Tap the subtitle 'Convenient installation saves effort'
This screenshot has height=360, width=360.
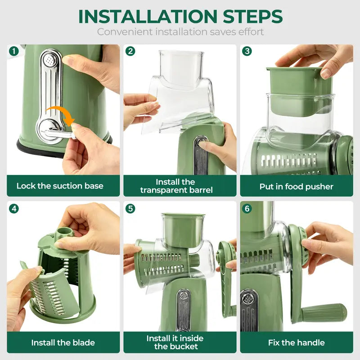tap(180, 32)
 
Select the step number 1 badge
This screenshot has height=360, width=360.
tap(14, 51)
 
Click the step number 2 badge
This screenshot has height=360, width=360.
tap(130, 51)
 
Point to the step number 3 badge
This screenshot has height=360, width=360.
tap(247, 51)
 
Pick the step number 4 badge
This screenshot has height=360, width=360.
tap(14, 209)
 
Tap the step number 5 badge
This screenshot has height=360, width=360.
tap(130, 209)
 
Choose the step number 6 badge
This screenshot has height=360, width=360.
tap(247, 209)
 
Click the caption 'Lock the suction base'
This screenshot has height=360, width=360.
tap(60, 186)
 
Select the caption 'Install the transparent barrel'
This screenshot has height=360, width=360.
tap(176, 186)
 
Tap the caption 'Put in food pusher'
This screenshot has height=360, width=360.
tap(296, 186)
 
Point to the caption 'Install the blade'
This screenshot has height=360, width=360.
tap(63, 342)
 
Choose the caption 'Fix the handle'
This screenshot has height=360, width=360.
tap(296, 342)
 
